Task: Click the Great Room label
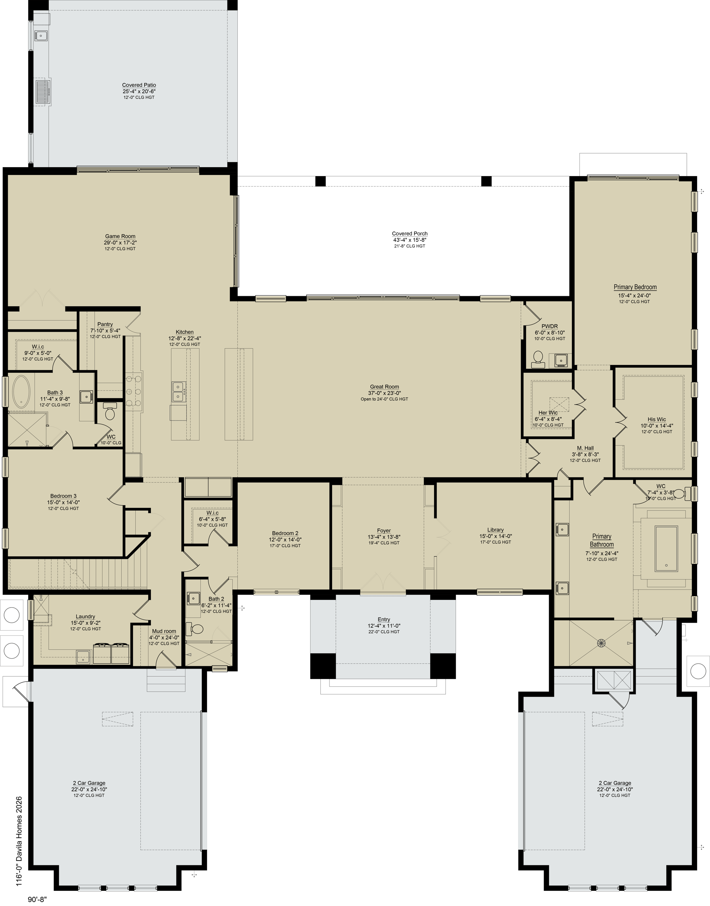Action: [x=385, y=386]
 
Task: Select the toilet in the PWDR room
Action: [x=538, y=359]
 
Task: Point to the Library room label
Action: [x=496, y=530]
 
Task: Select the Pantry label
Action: [x=105, y=324]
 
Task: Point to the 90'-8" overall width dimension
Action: [x=37, y=899]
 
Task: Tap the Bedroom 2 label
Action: [x=285, y=533]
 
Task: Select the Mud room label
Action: [x=164, y=631]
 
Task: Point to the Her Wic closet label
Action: [x=548, y=413]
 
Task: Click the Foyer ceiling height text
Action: [x=384, y=543]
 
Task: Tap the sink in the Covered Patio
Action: [x=41, y=36]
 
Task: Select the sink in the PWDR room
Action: [x=560, y=360]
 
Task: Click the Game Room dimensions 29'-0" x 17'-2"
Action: [x=120, y=243]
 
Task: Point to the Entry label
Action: [x=384, y=619]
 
